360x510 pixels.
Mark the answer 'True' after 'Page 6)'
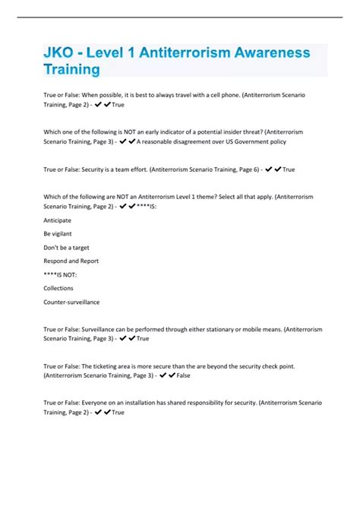288,169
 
